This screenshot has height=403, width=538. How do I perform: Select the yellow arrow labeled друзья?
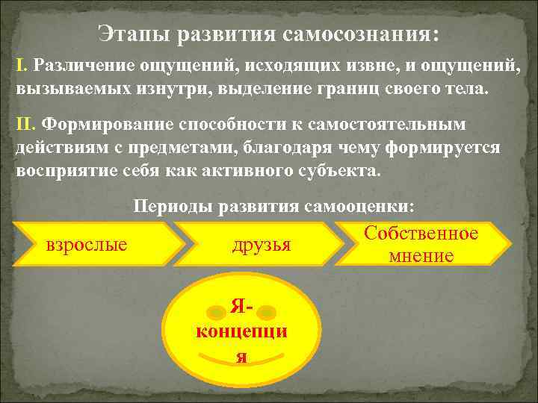click(262, 244)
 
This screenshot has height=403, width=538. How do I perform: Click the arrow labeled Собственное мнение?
click(421, 244)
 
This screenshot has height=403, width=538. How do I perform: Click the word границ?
click(329, 89)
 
